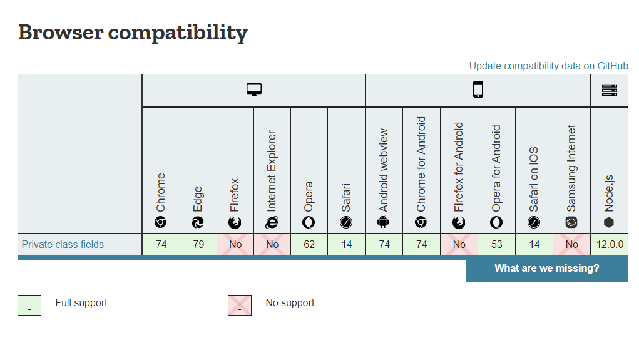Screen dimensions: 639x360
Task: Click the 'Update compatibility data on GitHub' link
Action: [548, 66]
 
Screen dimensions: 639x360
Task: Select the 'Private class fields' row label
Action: [63, 244]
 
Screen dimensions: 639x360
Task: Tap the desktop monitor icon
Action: [254, 90]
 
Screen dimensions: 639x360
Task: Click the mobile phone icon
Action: [478, 90]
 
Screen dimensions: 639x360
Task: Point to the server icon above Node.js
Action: [610, 90]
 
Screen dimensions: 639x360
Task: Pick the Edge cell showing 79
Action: [198, 245]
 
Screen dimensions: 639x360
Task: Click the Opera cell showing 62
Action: [309, 245]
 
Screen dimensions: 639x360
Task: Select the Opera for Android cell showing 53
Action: [497, 245]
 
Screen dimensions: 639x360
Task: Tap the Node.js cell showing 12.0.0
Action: [610, 245]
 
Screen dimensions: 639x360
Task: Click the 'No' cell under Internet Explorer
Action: [272, 245]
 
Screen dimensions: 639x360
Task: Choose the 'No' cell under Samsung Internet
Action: [572, 245]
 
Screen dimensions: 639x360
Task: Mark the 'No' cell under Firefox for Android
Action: [459, 245]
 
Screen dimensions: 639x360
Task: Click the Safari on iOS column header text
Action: [533, 180]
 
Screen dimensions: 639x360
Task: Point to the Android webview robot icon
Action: [383, 222]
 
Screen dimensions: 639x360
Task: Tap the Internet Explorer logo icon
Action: [272, 222]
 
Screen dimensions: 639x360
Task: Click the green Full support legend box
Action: [29, 306]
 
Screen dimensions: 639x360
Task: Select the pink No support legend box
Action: [240, 306]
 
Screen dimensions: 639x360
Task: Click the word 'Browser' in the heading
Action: [61, 32]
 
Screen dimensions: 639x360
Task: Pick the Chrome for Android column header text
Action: [421, 164]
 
